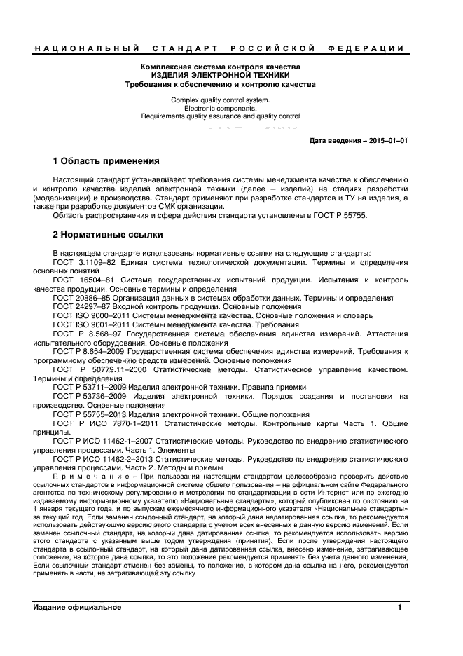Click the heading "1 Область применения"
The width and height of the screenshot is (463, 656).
tap(106, 160)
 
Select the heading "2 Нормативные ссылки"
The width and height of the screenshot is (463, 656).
tap(104, 233)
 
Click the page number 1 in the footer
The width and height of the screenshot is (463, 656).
tap(399, 607)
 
